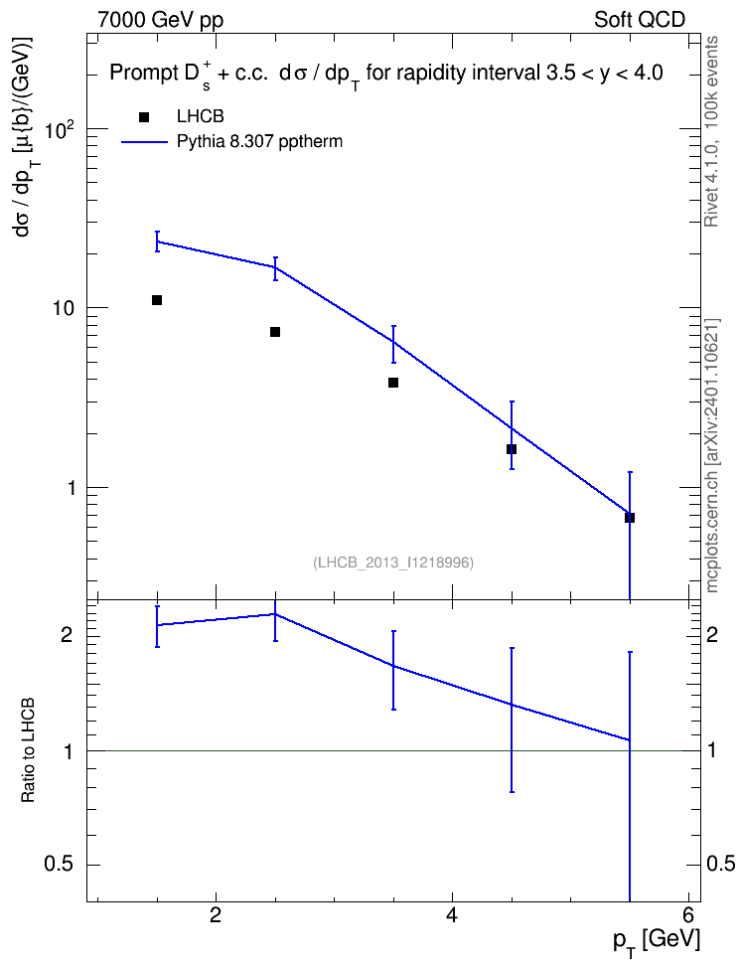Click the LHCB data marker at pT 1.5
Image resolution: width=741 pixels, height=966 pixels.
[157, 300]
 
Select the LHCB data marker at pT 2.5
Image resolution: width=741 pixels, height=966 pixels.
[275, 332]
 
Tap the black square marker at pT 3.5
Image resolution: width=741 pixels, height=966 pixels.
[393, 383]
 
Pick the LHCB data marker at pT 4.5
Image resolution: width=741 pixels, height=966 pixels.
[512, 449]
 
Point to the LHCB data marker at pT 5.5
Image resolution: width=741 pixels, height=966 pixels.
[630, 518]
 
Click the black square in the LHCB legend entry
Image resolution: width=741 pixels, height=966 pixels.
[144, 117]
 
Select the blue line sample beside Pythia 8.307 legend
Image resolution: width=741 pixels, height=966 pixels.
[144, 142]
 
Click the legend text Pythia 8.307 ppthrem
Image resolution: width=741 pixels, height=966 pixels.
[259, 142]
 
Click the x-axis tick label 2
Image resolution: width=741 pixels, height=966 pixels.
[216, 915]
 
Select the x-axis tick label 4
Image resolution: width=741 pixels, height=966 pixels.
[452, 915]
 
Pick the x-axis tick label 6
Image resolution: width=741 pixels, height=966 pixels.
[688, 915]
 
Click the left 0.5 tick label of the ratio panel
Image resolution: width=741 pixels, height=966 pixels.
[59, 865]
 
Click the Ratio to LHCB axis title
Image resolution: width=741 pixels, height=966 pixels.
[28, 750]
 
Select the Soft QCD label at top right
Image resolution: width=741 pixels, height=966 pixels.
[640, 20]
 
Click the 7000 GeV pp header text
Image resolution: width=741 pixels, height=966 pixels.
[160, 20]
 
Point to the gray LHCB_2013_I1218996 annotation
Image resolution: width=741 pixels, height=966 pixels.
[393, 563]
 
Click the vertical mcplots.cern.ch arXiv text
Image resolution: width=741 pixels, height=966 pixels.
[712, 456]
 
